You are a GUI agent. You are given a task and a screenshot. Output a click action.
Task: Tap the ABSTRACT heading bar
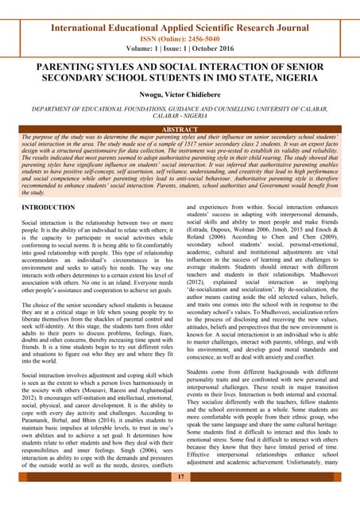click(180, 130)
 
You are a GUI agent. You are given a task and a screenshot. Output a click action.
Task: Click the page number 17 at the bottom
click(180, 476)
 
